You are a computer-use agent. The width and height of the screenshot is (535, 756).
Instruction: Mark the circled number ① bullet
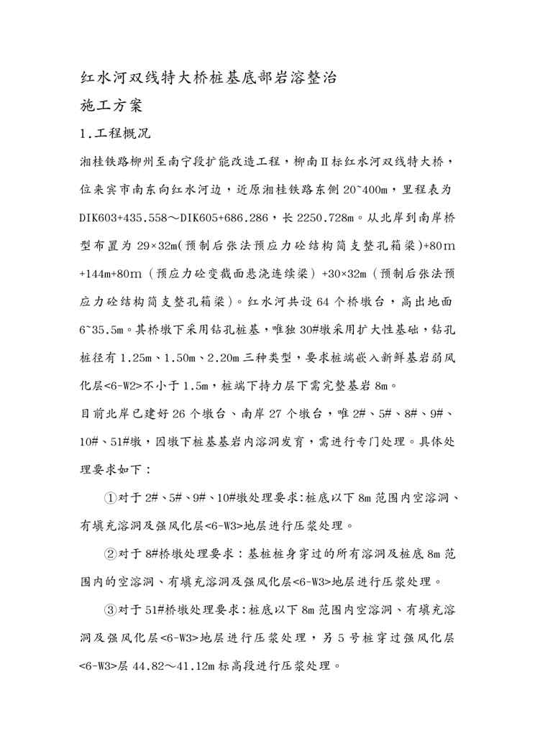pyautogui.click(x=110, y=497)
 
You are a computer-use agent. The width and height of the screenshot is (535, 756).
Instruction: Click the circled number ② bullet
pyautogui.click(x=110, y=553)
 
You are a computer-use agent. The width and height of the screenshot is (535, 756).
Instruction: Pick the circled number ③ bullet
pyautogui.click(x=110, y=609)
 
